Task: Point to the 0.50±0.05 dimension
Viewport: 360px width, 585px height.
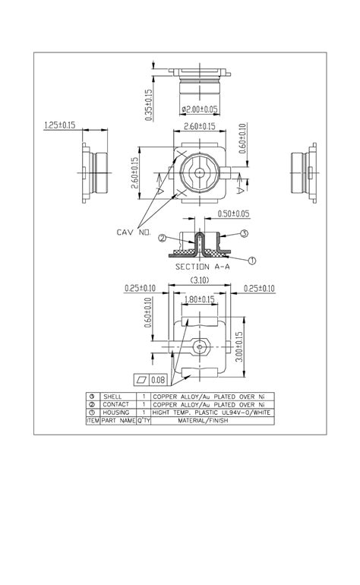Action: coord(233,213)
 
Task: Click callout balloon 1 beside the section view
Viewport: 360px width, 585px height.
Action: coord(252,260)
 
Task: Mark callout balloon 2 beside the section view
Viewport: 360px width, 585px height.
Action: coord(162,238)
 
